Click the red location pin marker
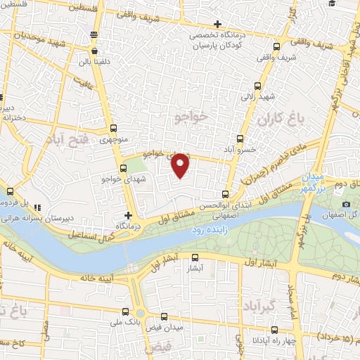click(x=181, y=165)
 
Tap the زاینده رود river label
click(x=208, y=229)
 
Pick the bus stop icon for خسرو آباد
click(x=240, y=139)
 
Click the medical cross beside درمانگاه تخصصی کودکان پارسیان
click(x=219, y=26)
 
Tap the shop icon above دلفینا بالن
click(x=94, y=51)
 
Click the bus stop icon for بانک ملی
click(x=125, y=311)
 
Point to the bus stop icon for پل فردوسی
click(x=10, y=191)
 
